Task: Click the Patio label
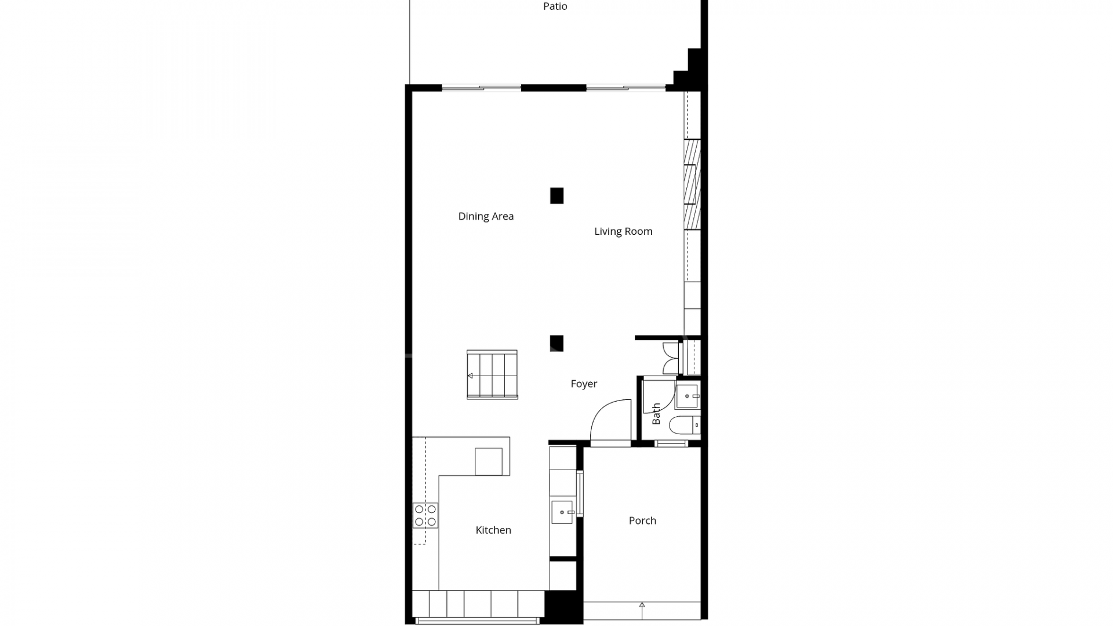[x=555, y=6]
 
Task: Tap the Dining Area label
[x=486, y=216]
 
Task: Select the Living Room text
[x=623, y=231]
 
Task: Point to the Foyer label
[x=584, y=384]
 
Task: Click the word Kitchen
[x=493, y=530]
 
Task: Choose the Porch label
[x=642, y=521]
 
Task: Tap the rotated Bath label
[x=656, y=413]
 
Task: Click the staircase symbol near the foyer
[x=492, y=374]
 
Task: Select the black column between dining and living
[x=556, y=196]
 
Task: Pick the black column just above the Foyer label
[x=556, y=343]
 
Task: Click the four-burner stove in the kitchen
[x=425, y=515]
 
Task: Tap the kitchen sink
[x=562, y=512]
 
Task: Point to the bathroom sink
[x=688, y=396]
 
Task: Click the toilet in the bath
[x=685, y=425]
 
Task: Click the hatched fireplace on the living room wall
[x=692, y=184]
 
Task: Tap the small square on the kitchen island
[x=489, y=461]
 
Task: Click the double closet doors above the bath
[x=671, y=358]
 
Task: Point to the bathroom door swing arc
[x=659, y=395]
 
